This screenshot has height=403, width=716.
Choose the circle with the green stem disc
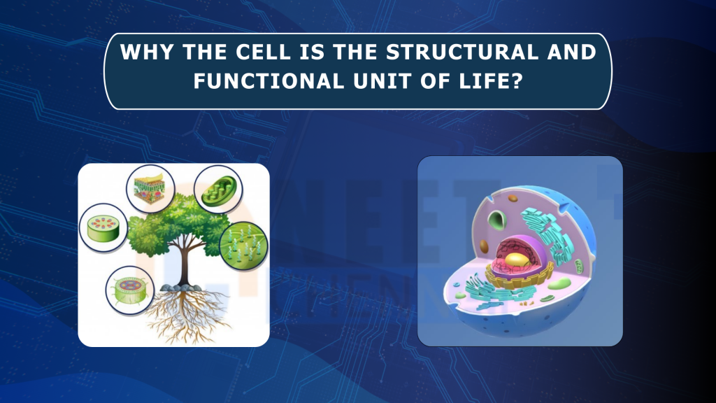tap(103, 227)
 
